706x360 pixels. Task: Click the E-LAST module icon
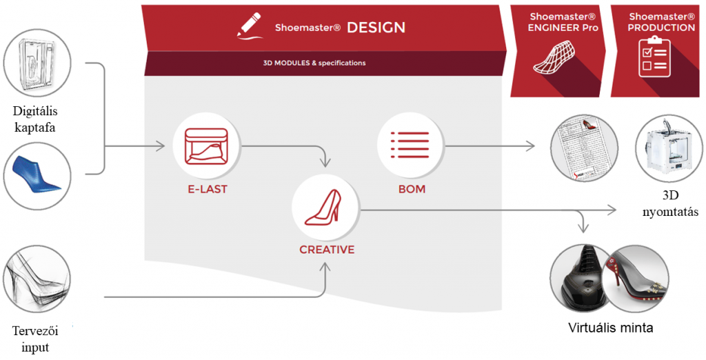207,146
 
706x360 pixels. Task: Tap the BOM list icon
410,145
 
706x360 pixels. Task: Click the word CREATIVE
327,250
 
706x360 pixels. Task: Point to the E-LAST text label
207,189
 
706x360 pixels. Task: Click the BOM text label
412,189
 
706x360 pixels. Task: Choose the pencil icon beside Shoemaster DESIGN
250,26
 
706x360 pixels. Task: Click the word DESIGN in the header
376,28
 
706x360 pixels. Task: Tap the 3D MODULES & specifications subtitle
314,63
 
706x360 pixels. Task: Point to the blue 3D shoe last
37,176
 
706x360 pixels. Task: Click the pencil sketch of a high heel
37,279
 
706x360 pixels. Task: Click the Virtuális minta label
610,327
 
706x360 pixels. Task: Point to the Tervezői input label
35,339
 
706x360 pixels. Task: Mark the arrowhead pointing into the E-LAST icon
161,146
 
